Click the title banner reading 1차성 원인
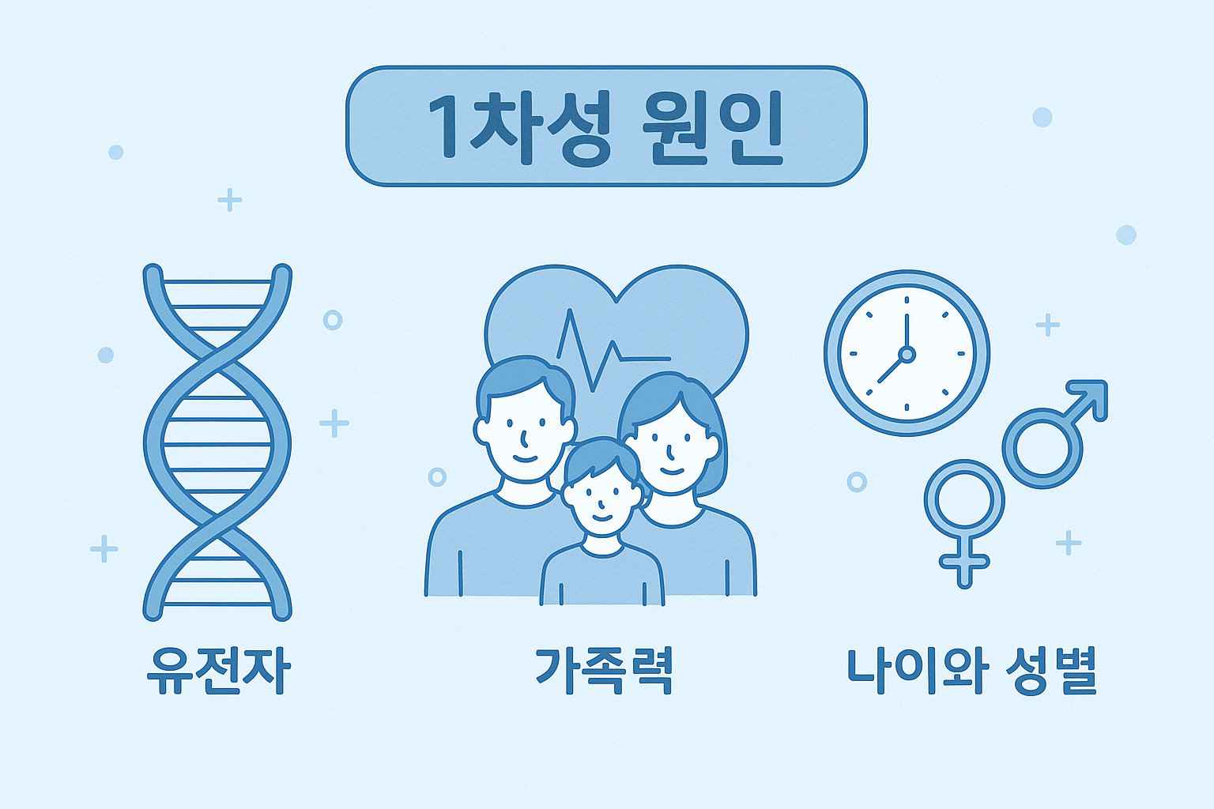606,126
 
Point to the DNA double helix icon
217,442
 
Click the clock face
907,353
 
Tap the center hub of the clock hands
907,354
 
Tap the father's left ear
481,431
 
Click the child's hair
601,460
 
